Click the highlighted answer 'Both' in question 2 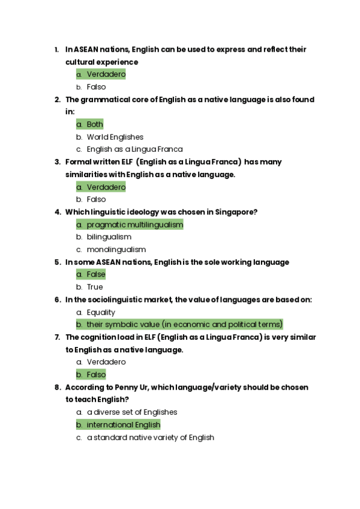95,124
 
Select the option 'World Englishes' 115,137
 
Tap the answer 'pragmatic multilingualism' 134,224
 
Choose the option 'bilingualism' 109,237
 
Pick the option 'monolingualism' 116,250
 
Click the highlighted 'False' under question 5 95,274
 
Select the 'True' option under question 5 94,287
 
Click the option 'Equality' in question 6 101,312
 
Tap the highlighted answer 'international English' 123,425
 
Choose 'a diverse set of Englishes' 131,412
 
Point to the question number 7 57,337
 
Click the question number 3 57,162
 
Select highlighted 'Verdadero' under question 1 106,74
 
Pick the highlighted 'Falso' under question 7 96,375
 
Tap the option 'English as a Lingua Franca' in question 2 134,149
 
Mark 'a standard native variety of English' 150,438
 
